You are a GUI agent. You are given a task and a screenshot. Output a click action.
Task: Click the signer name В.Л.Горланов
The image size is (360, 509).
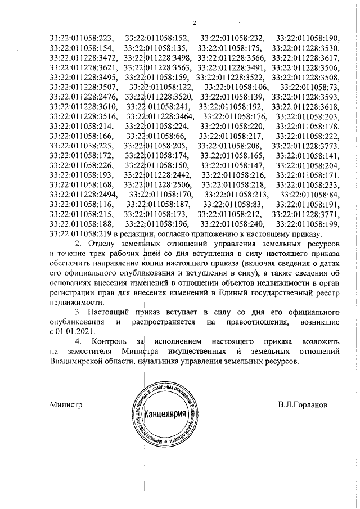[304, 404]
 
